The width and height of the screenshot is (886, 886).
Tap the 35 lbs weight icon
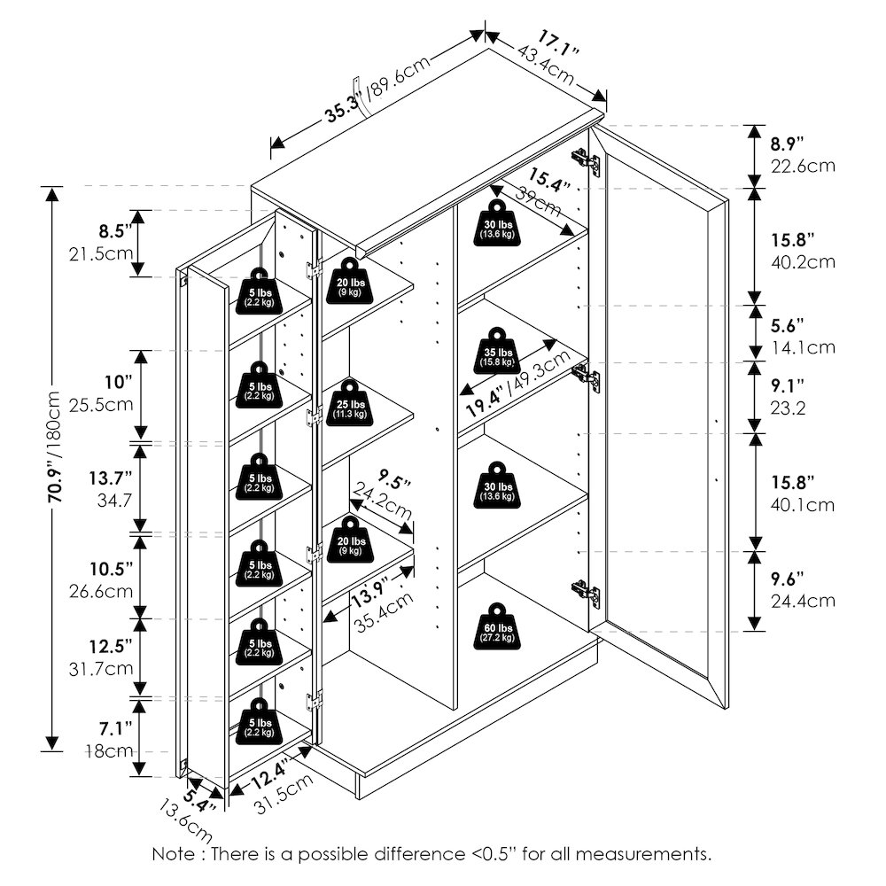497,350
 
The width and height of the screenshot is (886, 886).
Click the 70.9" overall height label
54,447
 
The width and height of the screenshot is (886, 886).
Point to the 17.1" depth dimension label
557,44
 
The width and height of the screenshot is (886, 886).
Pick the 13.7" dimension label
110,478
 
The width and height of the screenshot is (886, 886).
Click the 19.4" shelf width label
485,401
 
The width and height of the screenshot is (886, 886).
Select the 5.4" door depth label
198,799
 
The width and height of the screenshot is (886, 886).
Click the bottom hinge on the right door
586,594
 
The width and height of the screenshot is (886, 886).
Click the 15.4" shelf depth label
549,179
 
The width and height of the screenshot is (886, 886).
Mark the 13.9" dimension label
369,595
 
